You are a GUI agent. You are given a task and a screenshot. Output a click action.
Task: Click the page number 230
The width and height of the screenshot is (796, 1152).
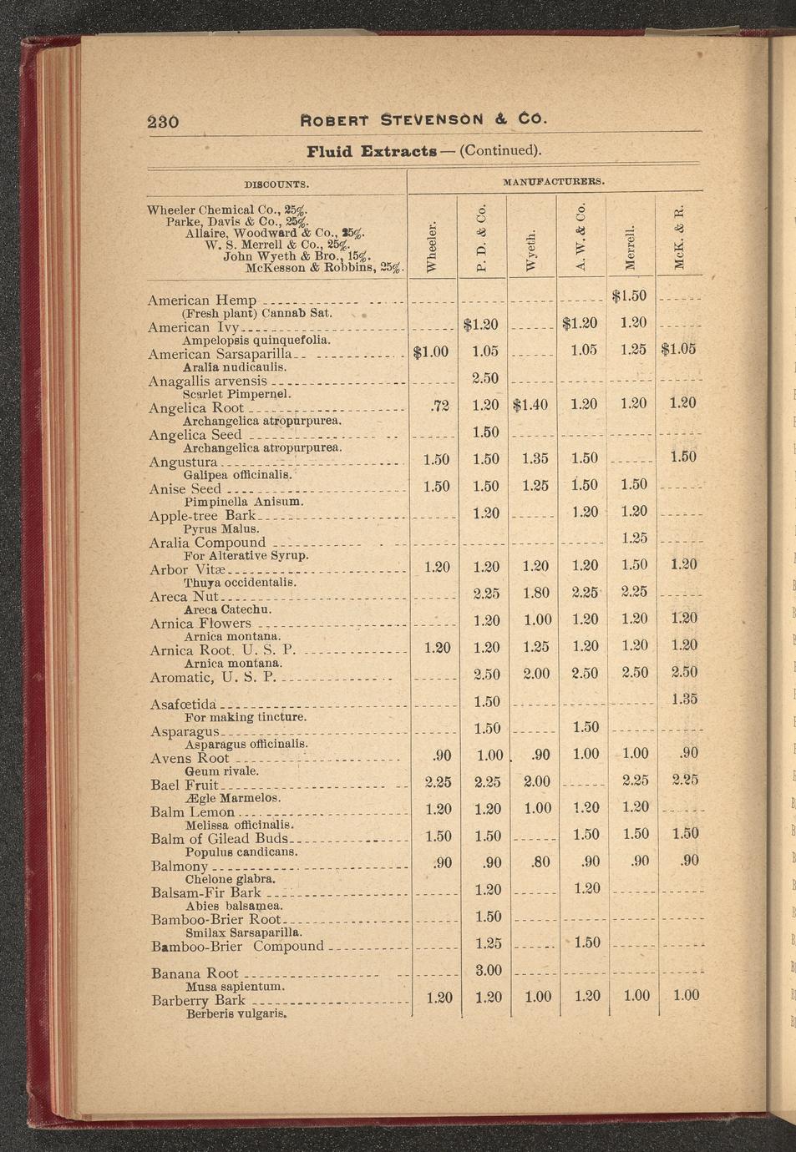point(163,121)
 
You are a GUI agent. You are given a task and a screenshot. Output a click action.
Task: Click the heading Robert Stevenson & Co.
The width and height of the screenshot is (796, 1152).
point(423,119)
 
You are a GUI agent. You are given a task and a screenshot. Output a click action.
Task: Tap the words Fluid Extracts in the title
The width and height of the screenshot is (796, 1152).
point(372,151)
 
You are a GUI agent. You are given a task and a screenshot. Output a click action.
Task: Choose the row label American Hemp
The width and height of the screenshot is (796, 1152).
point(202,300)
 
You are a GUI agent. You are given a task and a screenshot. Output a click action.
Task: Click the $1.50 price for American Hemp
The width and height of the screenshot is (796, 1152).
point(629,296)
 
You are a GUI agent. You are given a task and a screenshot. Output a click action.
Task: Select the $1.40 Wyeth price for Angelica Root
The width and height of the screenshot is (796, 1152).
point(530,405)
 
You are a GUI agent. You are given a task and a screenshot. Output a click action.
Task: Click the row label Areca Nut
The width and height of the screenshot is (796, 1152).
point(185,597)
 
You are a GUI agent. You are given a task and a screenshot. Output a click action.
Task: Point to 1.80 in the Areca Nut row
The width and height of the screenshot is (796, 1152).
point(537,594)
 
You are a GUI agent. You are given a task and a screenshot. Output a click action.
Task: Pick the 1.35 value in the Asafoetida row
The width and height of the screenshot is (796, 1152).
point(684,699)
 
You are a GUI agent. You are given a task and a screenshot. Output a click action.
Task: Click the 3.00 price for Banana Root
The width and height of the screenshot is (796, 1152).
point(488,970)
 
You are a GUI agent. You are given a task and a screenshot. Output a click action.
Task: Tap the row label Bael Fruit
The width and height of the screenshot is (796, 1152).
point(185,785)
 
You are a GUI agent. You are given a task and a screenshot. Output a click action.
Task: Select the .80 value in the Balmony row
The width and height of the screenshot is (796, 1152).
point(540,861)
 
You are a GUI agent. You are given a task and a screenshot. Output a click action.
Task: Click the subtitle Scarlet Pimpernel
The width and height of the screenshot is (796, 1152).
point(237,394)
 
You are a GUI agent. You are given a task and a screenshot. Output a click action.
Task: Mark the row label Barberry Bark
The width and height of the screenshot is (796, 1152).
point(199,1000)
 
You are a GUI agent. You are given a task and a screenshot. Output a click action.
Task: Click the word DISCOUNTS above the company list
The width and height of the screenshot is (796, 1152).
point(276,184)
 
